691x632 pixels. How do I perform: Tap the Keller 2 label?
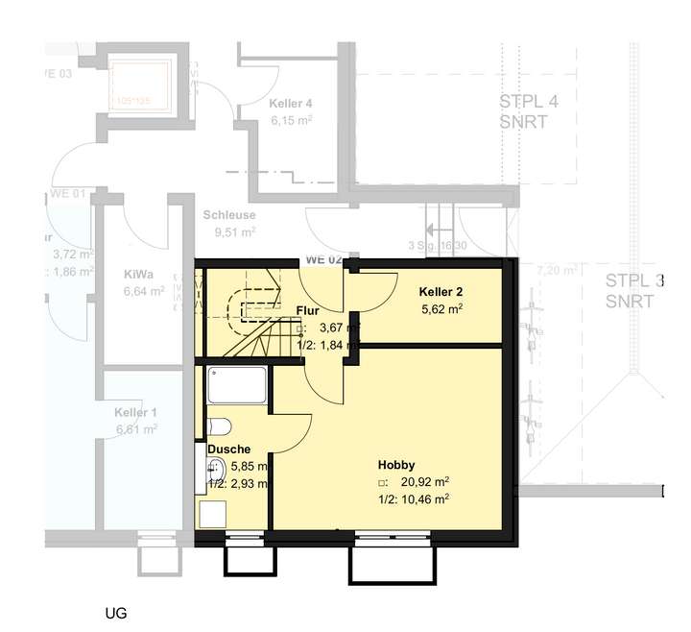click(441, 291)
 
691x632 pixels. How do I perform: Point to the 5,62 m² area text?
click(442, 309)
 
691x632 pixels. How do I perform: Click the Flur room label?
click(307, 310)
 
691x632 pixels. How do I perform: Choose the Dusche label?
click(228, 449)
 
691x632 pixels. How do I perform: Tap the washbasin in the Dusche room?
click(216, 470)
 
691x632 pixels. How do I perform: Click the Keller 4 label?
click(292, 103)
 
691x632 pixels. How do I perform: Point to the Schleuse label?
click(228, 215)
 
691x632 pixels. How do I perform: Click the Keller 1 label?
click(136, 411)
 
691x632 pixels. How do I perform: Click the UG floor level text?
click(116, 612)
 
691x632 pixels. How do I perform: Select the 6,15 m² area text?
click(292, 120)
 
